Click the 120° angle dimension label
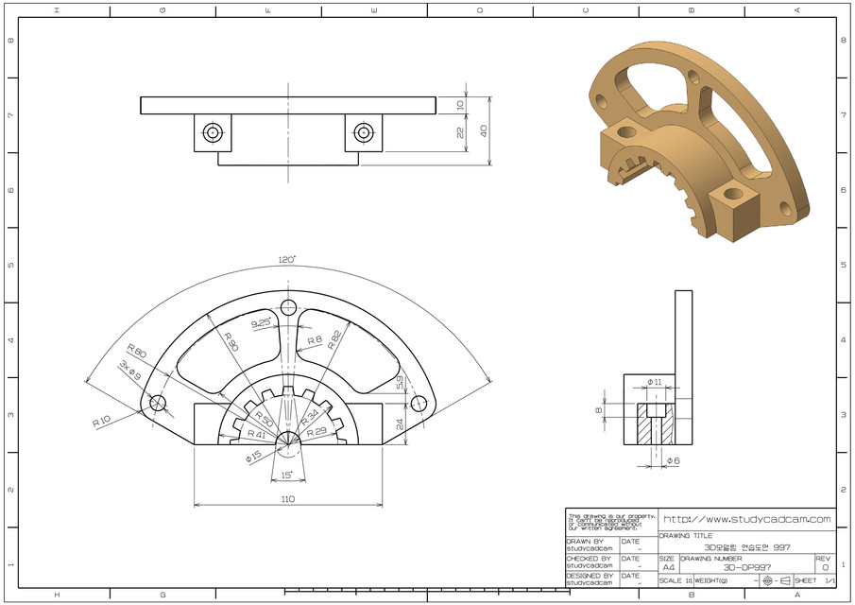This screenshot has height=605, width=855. pyautogui.click(x=287, y=259)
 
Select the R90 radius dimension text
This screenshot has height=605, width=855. pyautogui.click(x=229, y=341)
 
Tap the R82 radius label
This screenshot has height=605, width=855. pyautogui.click(x=333, y=341)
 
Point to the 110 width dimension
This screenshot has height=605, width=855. pyautogui.click(x=287, y=498)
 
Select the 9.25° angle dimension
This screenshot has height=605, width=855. pyautogui.click(x=262, y=323)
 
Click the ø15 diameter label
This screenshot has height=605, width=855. pyautogui.click(x=253, y=457)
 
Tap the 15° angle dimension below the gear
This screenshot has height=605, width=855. pyautogui.click(x=286, y=475)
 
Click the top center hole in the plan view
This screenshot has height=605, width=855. pyautogui.click(x=288, y=306)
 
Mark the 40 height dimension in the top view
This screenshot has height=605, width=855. pyautogui.click(x=483, y=130)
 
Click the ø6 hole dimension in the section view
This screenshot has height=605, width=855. pyautogui.click(x=673, y=460)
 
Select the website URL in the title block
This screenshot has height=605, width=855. pyautogui.click(x=746, y=519)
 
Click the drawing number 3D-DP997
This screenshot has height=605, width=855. pyautogui.click(x=746, y=567)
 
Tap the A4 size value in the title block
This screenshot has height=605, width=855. pyautogui.click(x=668, y=567)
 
